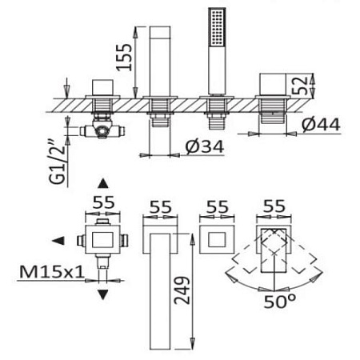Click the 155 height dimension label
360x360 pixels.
[x=125, y=58]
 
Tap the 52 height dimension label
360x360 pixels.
[x=299, y=86]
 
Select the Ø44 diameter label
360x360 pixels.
[x=321, y=125]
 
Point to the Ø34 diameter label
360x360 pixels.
[x=205, y=147]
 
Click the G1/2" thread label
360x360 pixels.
[x=57, y=162]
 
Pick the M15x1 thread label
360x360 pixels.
[x=52, y=272]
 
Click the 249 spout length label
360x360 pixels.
[x=182, y=290]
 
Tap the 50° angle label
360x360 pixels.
[x=279, y=302]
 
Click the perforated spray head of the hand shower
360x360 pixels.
[x=217, y=27]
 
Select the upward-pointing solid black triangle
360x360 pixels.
[x=103, y=184]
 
